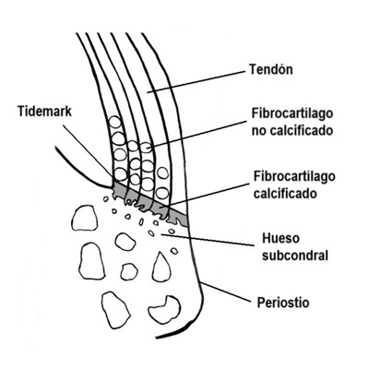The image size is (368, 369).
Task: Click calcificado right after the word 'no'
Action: coord(303,130)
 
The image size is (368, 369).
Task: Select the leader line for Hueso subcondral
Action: coord(212,240)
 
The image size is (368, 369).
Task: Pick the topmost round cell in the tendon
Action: coord(114,123)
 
